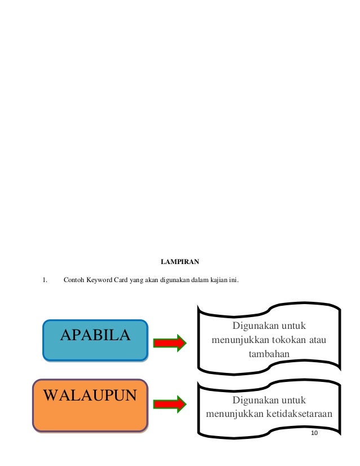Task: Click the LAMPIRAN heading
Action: click(x=180, y=262)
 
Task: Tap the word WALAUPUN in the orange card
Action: click(x=90, y=394)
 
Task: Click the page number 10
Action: click(x=314, y=432)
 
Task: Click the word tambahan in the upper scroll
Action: click(x=269, y=355)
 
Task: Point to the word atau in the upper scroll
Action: click(x=319, y=341)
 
